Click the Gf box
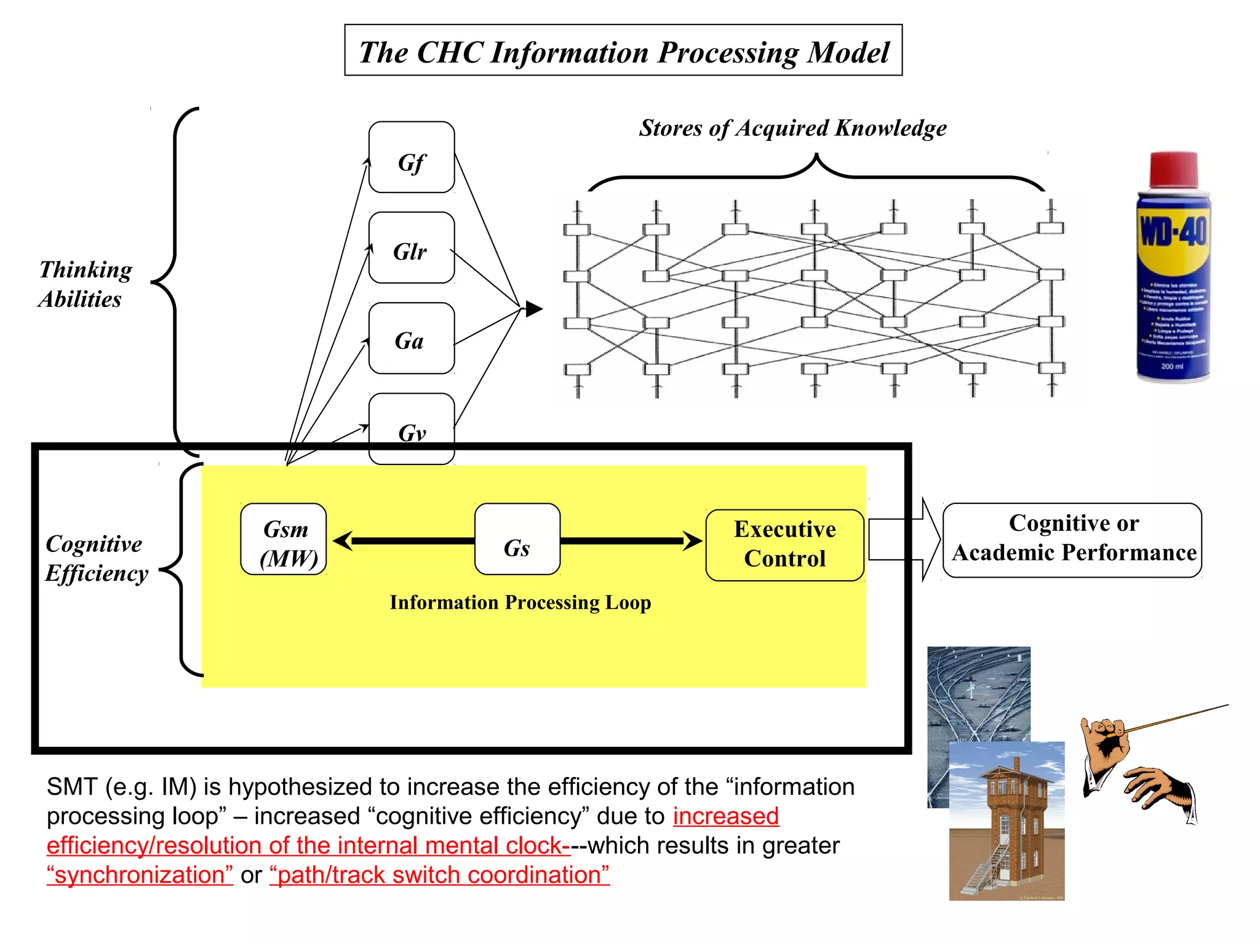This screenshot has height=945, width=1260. pos(411,157)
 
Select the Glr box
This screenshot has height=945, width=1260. pos(411,248)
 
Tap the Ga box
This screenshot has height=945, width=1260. pos(411,338)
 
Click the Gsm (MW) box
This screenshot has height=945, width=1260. pos(284,540)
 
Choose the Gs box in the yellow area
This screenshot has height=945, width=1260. pos(517,540)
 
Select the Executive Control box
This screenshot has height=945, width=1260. pos(784,545)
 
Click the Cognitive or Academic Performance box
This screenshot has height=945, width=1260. pos(1072,540)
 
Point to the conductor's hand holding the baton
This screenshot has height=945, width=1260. pos(1106,738)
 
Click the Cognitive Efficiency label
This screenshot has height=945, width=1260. pos(96,559)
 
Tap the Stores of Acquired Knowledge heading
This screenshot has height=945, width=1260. pos(792,128)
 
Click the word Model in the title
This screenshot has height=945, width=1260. pos(848,52)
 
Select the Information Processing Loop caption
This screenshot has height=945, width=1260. pos(520,602)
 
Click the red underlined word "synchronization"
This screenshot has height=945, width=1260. pos(140,875)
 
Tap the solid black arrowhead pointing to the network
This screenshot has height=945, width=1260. pos(533,309)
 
